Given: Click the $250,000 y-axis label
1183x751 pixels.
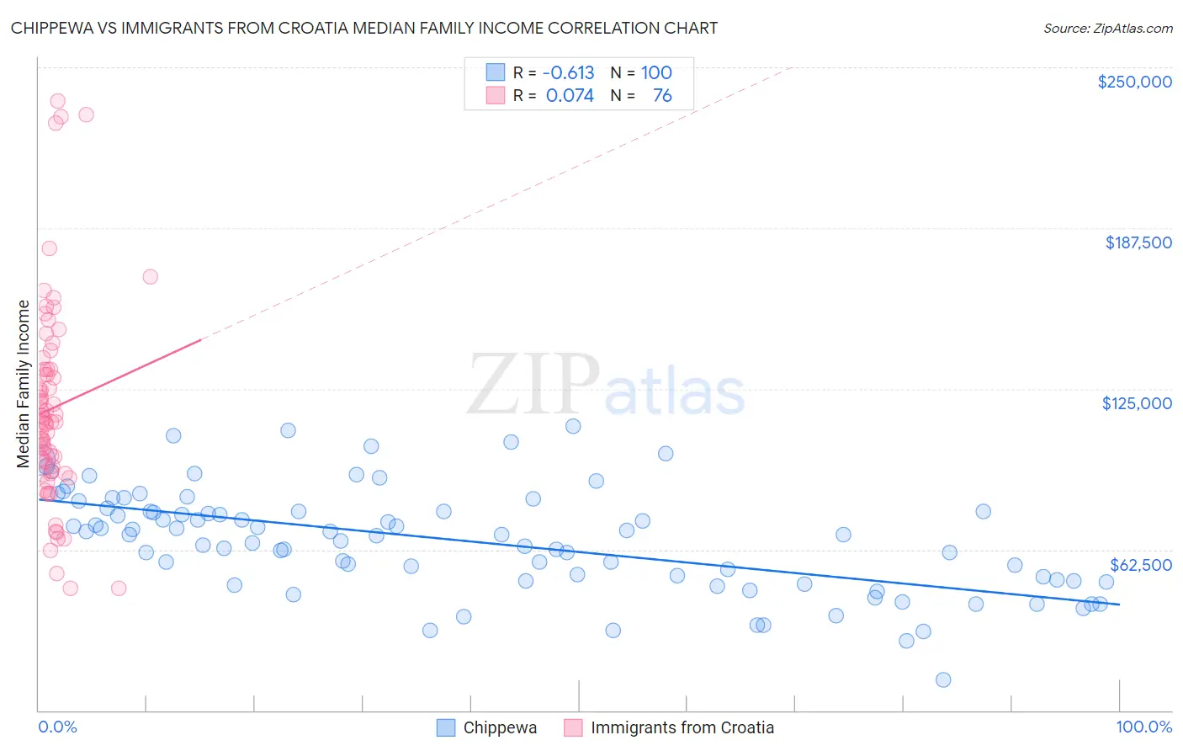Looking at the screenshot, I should [1134, 82].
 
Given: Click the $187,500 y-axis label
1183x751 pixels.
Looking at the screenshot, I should [1138, 242].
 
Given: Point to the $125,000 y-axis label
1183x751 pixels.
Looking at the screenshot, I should [1137, 403].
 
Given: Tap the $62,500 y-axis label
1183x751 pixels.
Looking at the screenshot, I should [1140, 565].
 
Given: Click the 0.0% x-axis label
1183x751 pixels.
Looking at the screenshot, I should [57, 727].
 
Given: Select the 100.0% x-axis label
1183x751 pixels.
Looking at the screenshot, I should [1143, 727].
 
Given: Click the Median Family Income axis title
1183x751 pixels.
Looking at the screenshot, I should [24, 383].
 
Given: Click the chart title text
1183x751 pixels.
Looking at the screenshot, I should [363, 28].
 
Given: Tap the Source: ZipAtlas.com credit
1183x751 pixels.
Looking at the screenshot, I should [1107, 29].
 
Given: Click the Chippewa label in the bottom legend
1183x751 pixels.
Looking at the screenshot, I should [500, 727].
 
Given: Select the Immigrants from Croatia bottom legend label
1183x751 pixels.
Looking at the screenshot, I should [682, 727].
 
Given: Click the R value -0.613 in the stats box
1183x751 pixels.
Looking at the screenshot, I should [568, 73].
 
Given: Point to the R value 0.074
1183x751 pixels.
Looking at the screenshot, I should [570, 96].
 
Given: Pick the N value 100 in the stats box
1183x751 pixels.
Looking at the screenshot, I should [656, 73].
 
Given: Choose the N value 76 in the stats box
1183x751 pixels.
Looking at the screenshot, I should [662, 96].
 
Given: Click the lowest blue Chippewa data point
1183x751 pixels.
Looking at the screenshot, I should [943, 679].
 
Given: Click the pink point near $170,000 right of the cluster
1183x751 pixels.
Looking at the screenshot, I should [151, 277].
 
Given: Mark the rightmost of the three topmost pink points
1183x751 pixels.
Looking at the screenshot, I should [86, 115].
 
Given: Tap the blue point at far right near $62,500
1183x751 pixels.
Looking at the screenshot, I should [1106, 582].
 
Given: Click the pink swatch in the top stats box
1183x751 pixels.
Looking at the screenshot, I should [496, 96].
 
